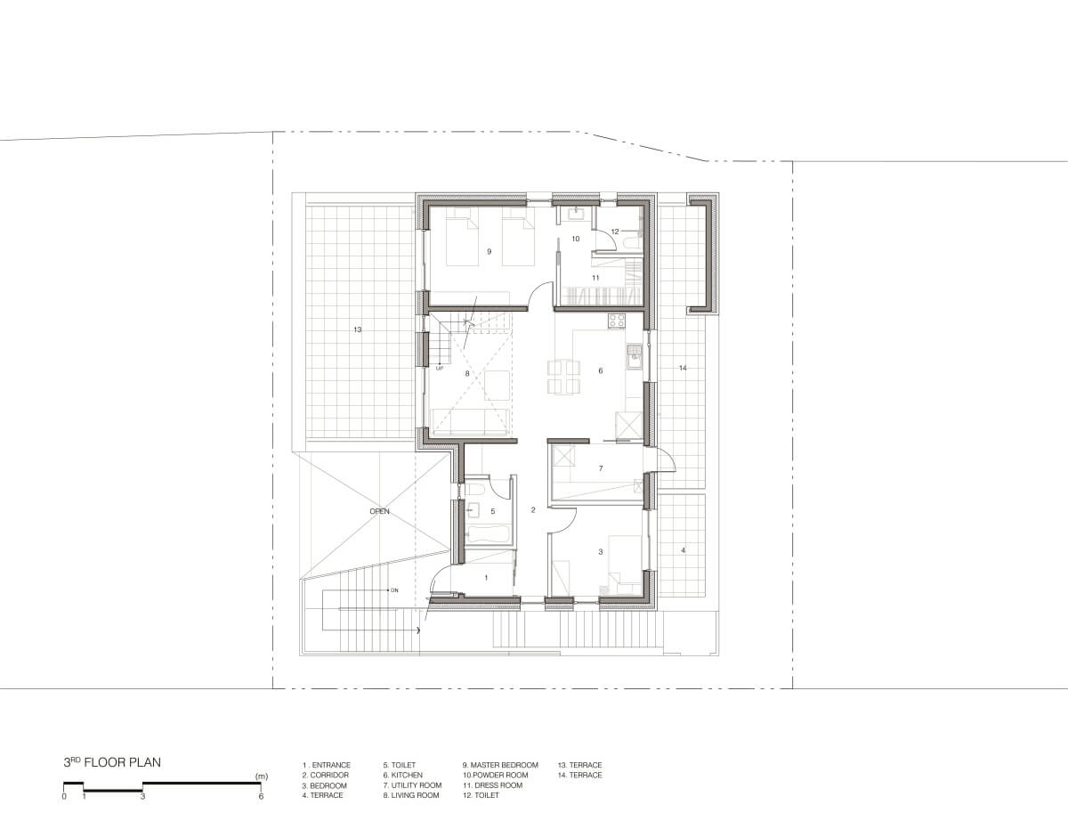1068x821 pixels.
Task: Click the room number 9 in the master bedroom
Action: (489, 252)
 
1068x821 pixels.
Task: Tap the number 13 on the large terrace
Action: (357, 329)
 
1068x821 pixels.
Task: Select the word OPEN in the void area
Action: (379, 511)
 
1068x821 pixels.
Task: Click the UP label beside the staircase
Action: (440, 369)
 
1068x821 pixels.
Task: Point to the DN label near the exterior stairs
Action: (394, 590)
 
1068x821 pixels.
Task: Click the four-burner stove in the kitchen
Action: (617, 321)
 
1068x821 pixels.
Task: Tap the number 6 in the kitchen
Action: (600, 370)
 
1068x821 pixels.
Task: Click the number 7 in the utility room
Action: (601, 468)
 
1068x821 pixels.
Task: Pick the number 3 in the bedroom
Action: (601, 552)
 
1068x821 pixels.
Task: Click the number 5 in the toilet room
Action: (493, 511)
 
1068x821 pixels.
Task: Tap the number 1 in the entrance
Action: (486, 578)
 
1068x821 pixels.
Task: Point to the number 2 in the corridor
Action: (533, 510)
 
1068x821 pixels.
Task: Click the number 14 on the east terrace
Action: (683, 368)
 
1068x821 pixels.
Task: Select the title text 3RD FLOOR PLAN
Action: (112, 762)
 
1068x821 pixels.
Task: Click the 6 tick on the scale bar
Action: (261, 796)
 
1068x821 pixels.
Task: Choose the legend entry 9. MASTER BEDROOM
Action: (500, 765)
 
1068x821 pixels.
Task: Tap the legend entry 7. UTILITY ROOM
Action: (412, 785)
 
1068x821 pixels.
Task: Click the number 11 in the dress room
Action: (595, 278)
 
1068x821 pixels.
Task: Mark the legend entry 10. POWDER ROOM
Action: (496, 775)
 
